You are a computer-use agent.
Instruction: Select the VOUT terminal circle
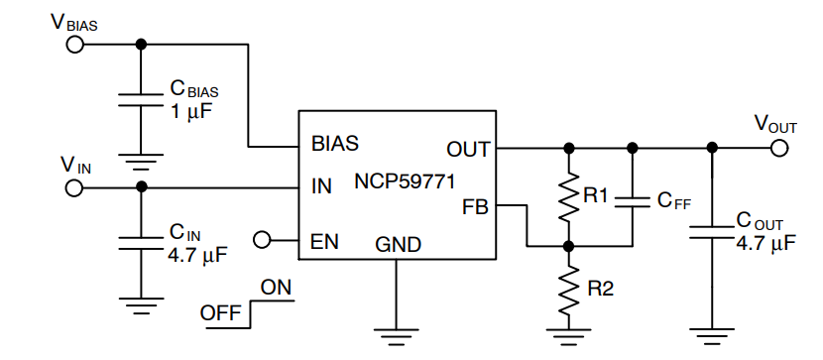coord(778,148)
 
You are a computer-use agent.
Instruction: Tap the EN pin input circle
coord(263,239)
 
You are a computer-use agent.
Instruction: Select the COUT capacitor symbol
coord(710,231)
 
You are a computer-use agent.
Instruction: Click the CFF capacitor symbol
coord(631,200)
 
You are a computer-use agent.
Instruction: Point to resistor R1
coord(568,197)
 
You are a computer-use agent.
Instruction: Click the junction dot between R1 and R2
coord(568,244)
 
